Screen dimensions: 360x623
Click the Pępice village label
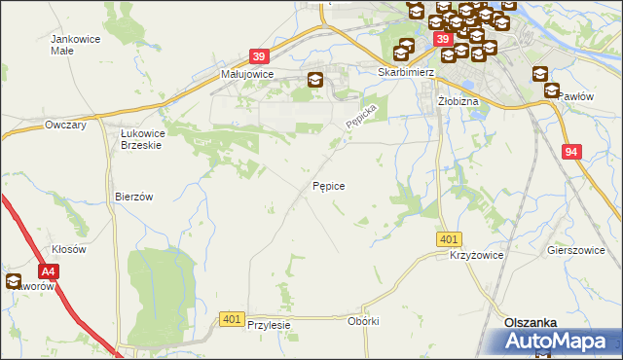[x=329, y=185]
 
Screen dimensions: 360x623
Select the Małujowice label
[x=246, y=73]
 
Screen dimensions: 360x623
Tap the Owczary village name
[x=66, y=126]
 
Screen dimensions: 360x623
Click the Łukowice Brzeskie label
[x=140, y=138]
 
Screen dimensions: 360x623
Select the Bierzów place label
[x=134, y=196]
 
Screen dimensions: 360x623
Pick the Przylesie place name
[x=270, y=326]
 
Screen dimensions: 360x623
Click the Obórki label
[x=362, y=321]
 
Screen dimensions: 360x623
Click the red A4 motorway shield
[x=49, y=274]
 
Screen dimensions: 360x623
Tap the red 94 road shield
[x=572, y=152]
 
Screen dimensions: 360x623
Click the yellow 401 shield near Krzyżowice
[x=449, y=238]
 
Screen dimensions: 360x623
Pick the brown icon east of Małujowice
[x=315, y=82]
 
